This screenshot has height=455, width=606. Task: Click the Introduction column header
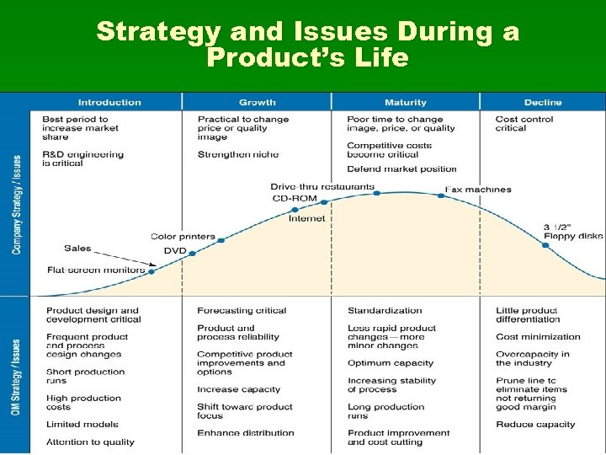coord(109,102)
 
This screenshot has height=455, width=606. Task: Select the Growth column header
coord(257,102)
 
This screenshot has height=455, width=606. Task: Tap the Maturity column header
coord(405,102)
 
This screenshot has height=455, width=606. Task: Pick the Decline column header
coord(542,102)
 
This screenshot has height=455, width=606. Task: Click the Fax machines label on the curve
coord(477,190)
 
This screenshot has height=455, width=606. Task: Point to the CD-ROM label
coord(295,199)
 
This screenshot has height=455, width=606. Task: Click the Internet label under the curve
coord(306,218)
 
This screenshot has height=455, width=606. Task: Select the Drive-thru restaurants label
coord(322,186)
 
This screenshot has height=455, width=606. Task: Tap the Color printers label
coord(183,237)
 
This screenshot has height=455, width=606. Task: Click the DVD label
coord(175,251)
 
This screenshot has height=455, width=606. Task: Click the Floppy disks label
coord(572,237)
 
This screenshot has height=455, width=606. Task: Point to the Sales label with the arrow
coord(77,249)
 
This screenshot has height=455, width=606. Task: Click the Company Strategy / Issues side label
coord(16,205)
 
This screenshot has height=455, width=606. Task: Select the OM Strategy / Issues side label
coord(16,376)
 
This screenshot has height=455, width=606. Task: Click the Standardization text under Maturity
coord(385,311)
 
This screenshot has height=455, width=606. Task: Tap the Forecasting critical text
coord(242,311)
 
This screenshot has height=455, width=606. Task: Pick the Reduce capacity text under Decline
coord(535,425)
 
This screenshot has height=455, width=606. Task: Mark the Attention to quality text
coord(90,442)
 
